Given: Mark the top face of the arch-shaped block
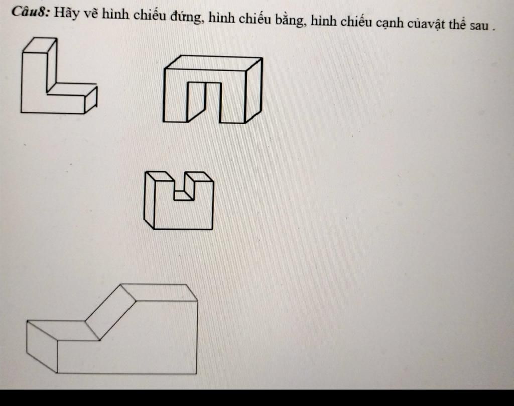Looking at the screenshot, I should click(x=213, y=63).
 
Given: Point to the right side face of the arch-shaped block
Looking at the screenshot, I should click(x=253, y=90).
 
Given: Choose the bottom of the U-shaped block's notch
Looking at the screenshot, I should click(x=184, y=196).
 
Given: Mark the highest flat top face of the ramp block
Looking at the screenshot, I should click(x=160, y=292).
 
